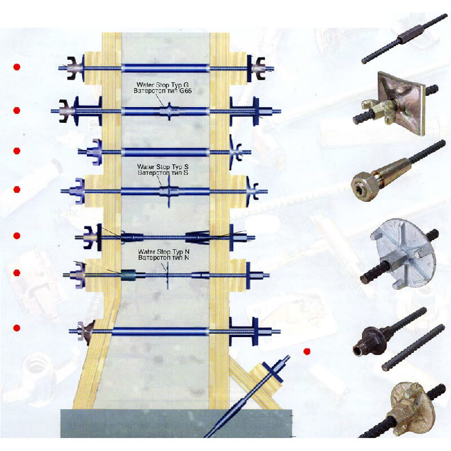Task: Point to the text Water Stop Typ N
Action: click(164, 251)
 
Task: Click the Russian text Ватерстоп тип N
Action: click(164, 258)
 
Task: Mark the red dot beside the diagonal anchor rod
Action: click(307, 352)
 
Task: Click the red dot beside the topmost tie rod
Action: click(17, 67)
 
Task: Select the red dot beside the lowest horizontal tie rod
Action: click(17, 328)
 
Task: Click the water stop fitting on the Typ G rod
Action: click(168, 110)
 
